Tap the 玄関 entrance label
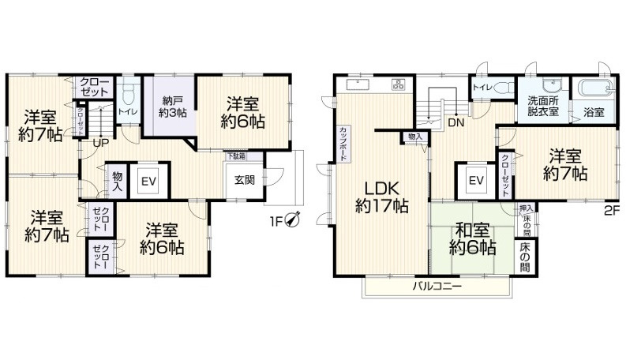click(x=244, y=179)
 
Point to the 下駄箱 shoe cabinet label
click(x=236, y=156)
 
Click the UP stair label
click(x=100, y=143)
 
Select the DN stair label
click(x=455, y=122)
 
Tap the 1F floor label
click(x=276, y=220)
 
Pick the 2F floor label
click(x=611, y=210)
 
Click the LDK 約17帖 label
click(x=381, y=197)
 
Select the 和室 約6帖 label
click(x=472, y=240)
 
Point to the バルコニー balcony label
click(x=437, y=285)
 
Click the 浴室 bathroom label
click(x=594, y=112)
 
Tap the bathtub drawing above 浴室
click(x=594, y=89)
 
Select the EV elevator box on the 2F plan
click(x=476, y=182)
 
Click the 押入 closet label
click(x=526, y=210)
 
